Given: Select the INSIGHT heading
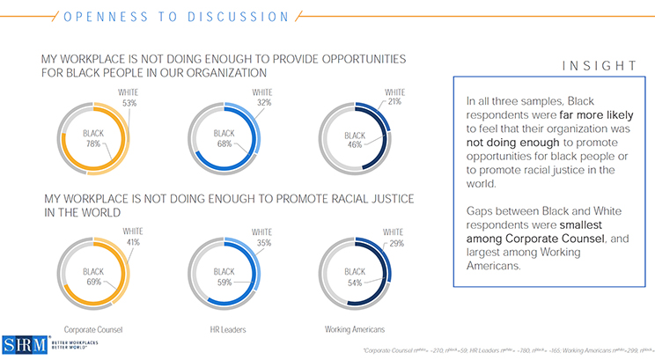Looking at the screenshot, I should point(599,66).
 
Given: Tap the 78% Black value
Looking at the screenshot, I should point(93,143).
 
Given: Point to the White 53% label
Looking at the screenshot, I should point(128,98).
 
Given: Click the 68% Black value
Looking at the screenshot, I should point(224,143).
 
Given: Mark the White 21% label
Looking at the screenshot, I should point(394,98).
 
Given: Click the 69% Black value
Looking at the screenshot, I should point(93,283).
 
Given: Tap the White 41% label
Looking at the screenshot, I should point(131,237).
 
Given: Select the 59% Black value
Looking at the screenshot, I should point(224,283).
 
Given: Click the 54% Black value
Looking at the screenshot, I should point(354,283).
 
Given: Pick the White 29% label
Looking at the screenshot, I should point(394,237).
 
